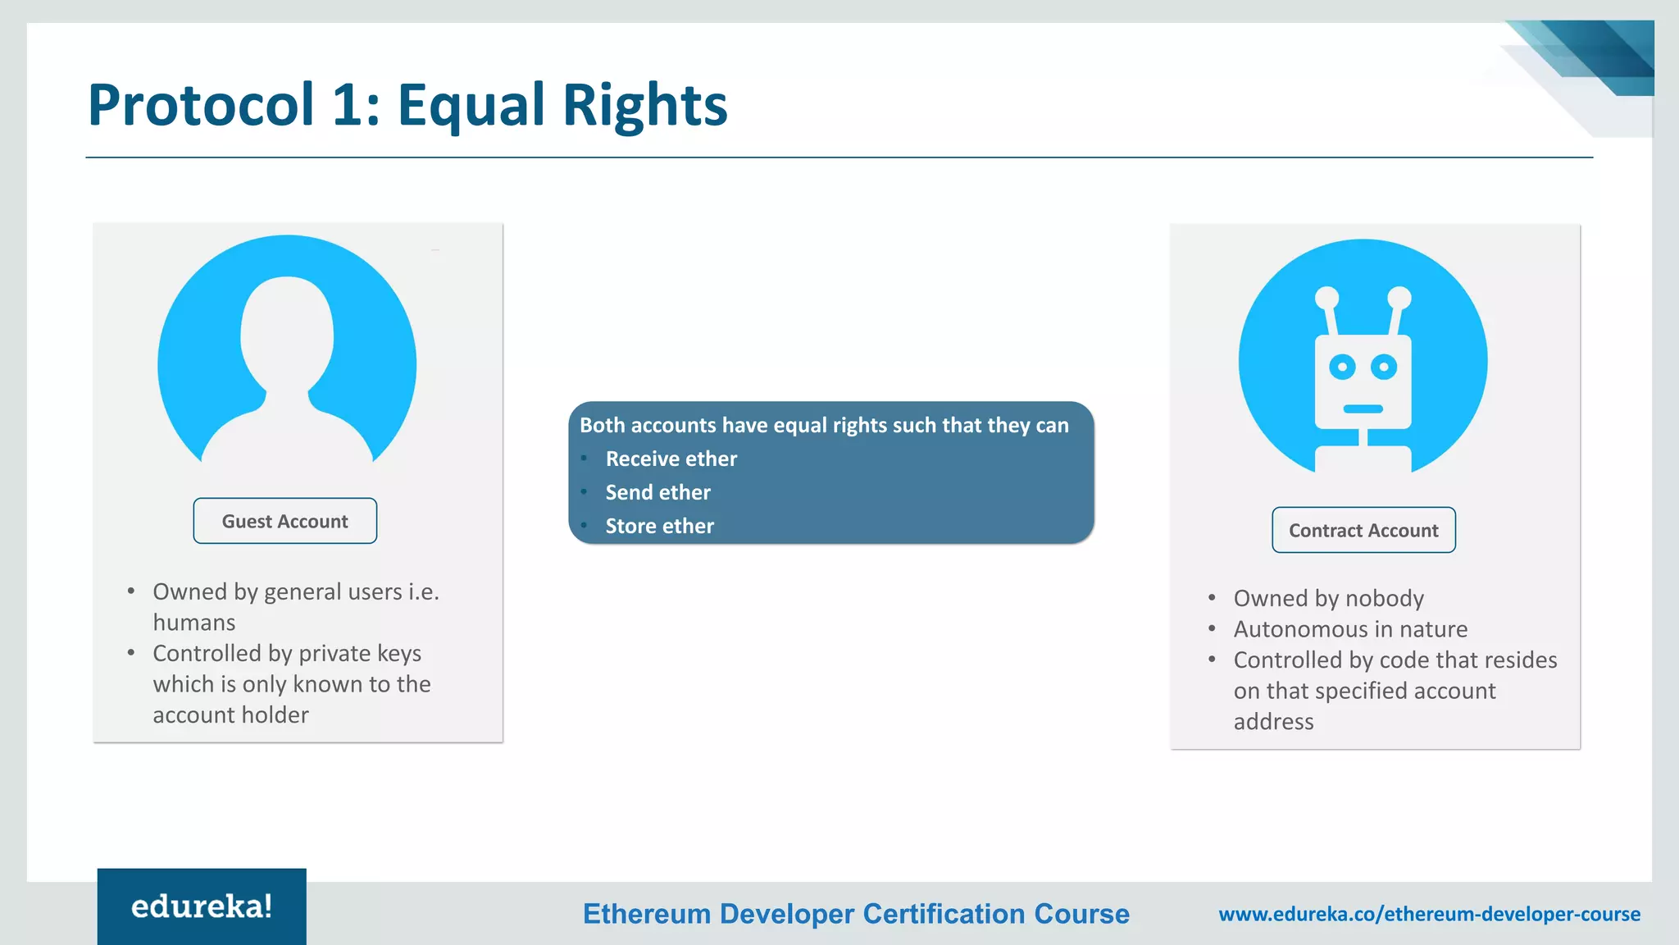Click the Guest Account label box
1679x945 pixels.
(x=285, y=521)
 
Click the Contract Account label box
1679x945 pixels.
(x=1363, y=530)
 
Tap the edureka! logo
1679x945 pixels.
(x=202, y=906)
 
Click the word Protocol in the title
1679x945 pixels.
(x=201, y=105)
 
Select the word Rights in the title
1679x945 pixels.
(x=644, y=105)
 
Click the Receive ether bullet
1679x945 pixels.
(x=671, y=459)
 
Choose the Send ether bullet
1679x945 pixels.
(x=657, y=492)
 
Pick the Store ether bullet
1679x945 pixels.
(x=659, y=526)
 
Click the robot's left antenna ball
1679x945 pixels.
(x=1326, y=298)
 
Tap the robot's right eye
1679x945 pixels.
(x=1384, y=366)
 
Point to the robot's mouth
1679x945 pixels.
(x=1363, y=409)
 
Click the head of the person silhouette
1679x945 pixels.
(x=287, y=332)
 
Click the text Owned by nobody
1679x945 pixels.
(x=1328, y=598)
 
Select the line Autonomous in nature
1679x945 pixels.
(x=1350, y=629)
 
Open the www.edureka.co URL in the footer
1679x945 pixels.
(x=1429, y=914)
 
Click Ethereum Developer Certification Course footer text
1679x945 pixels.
(x=856, y=914)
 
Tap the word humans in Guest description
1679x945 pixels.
(x=194, y=623)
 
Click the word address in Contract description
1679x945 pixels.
(x=1273, y=722)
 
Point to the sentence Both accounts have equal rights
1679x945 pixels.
(x=824, y=425)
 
